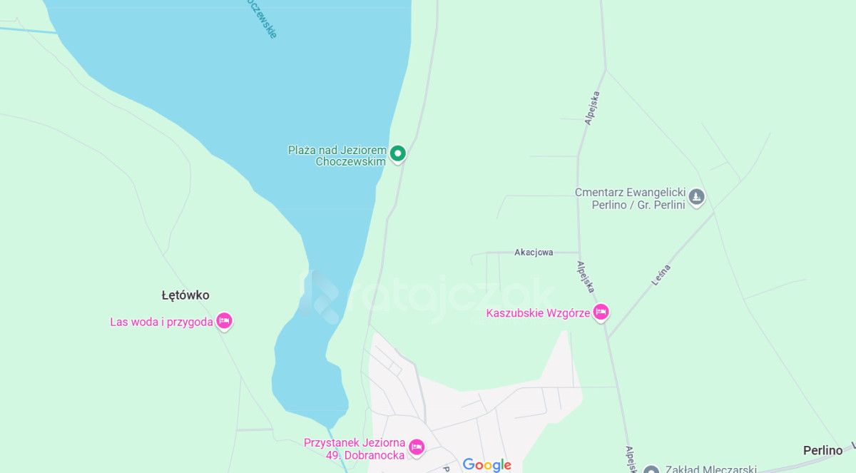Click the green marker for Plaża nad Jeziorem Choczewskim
pyautogui.click(x=398, y=153)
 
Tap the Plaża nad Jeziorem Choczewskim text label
pyautogui.click(x=337, y=156)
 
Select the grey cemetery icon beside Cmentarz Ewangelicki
pyautogui.click(x=697, y=196)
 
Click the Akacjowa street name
pyautogui.click(x=534, y=253)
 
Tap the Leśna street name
pyautogui.click(x=661, y=275)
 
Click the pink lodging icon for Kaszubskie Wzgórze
pyautogui.click(x=601, y=312)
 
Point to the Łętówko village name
pyautogui.click(x=185, y=295)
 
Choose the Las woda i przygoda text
pyautogui.click(x=161, y=322)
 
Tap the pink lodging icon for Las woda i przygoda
pyautogui.click(x=224, y=321)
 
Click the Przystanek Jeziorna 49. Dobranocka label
pyautogui.click(x=355, y=449)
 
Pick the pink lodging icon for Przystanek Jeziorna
pyautogui.click(x=417, y=447)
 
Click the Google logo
pyautogui.click(x=487, y=465)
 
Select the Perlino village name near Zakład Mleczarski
pyautogui.click(x=822, y=451)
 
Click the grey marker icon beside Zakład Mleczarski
pyautogui.click(x=651, y=469)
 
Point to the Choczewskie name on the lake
pyautogui.click(x=260, y=18)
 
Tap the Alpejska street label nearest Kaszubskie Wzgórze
pyautogui.click(x=586, y=277)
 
